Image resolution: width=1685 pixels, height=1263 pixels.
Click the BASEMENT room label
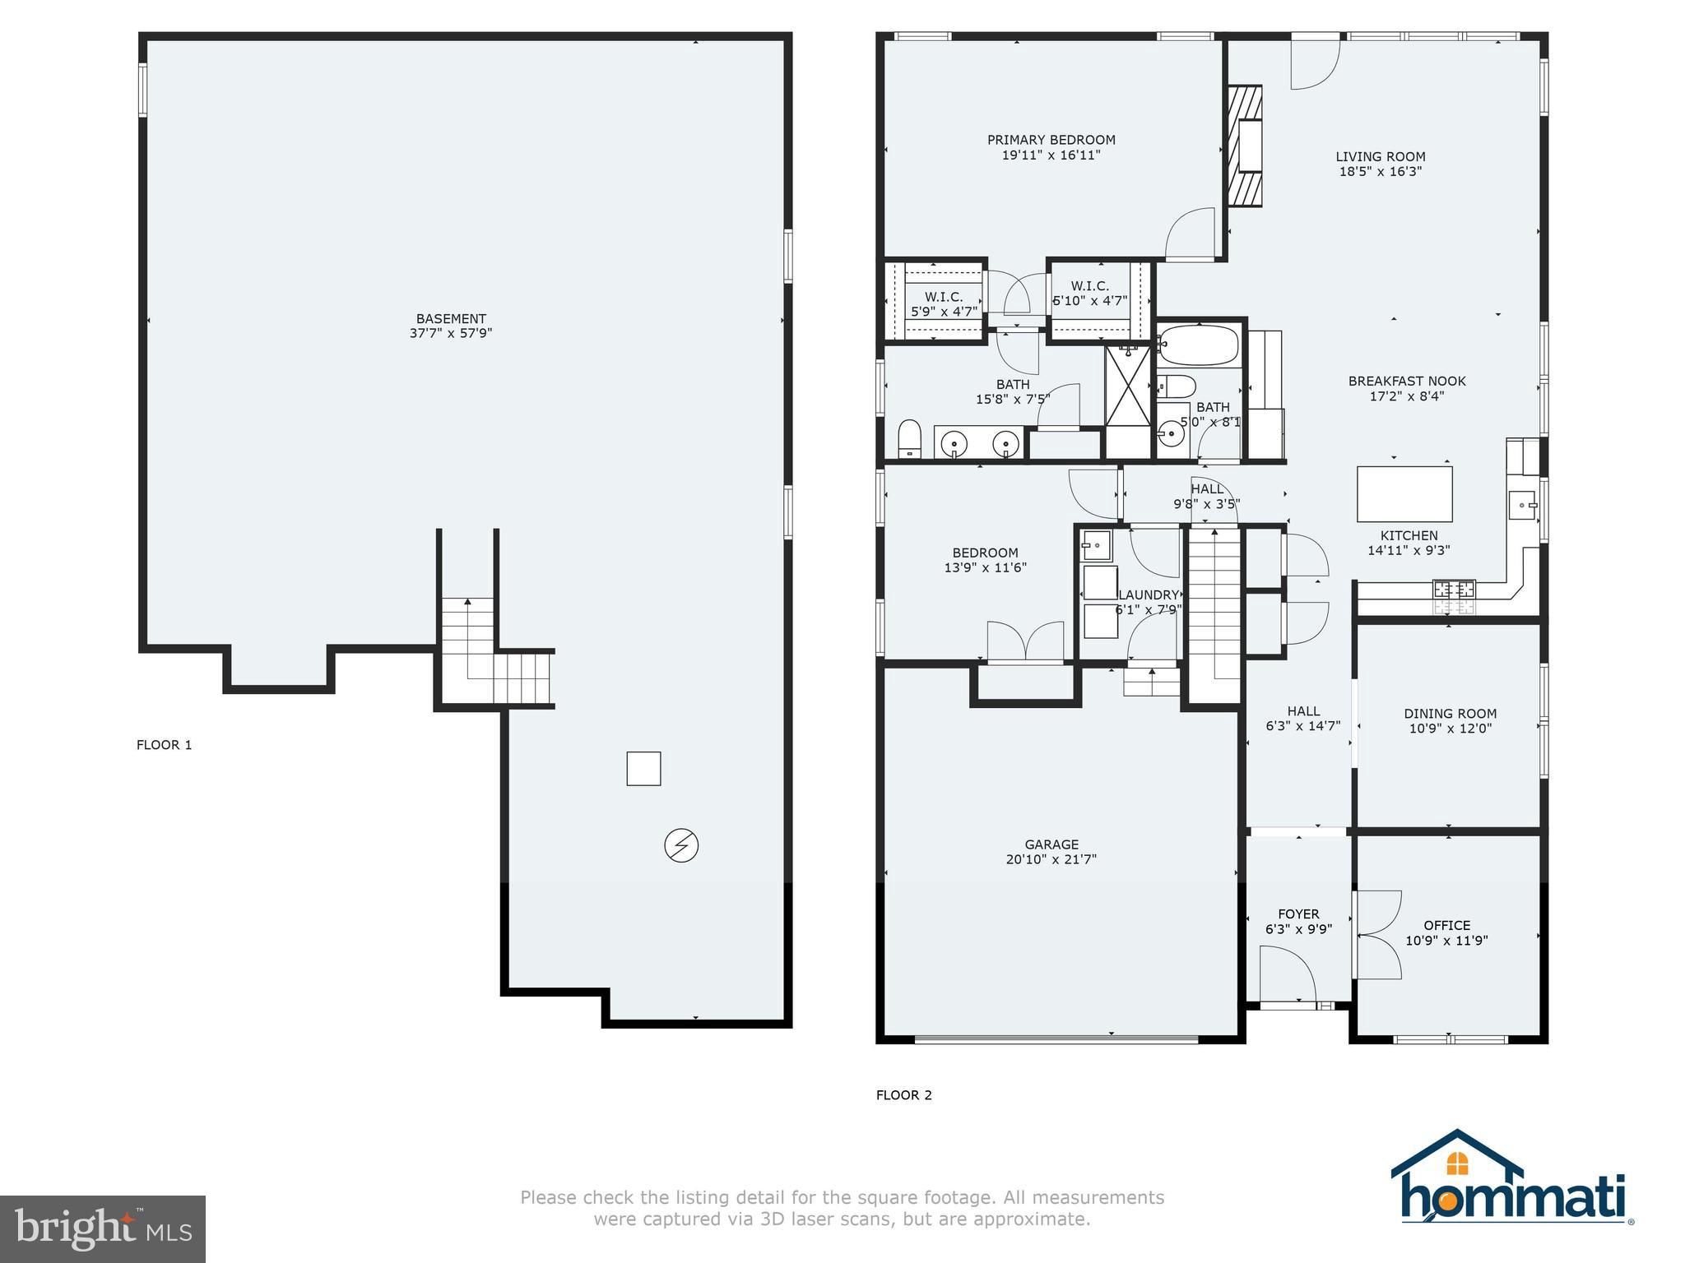tap(451, 318)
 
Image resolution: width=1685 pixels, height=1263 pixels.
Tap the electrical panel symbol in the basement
tap(681, 845)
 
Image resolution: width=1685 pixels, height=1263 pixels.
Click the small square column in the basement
tap(643, 769)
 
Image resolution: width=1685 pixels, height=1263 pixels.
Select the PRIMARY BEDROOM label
tap(1051, 140)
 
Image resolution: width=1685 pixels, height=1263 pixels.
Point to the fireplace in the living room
tap(1245, 146)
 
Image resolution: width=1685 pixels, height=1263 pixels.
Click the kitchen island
tap(1404, 493)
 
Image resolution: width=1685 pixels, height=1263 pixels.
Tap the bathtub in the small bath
tap(1199, 346)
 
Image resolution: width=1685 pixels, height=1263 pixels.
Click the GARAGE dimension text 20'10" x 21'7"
tap(1051, 859)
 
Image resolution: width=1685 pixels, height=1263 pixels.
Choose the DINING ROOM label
tap(1451, 714)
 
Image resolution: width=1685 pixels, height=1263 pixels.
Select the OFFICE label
tap(1447, 925)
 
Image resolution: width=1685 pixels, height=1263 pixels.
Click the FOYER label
tap(1299, 914)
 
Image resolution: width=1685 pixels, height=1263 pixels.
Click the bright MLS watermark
tap(103, 1228)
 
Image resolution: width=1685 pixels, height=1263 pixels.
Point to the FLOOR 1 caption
tap(165, 745)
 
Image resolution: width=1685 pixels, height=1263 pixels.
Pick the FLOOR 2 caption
tap(904, 1095)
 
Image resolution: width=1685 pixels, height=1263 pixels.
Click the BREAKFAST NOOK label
tap(1407, 381)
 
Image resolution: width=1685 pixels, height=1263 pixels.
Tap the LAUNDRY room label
tap(1149, 594)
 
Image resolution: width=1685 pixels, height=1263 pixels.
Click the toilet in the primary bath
tap(909, 437)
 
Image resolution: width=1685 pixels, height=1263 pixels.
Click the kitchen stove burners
tap(1454, 589)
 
